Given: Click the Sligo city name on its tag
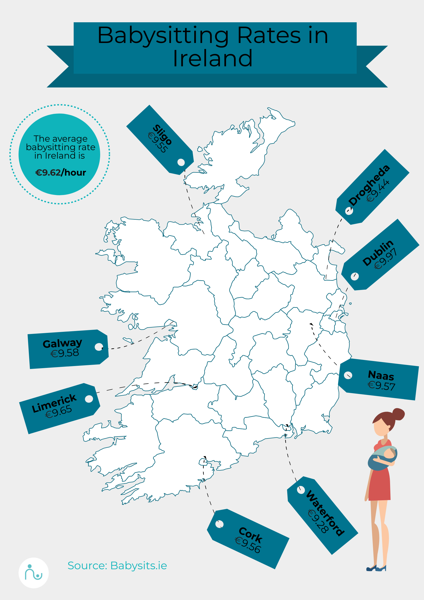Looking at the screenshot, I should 162,135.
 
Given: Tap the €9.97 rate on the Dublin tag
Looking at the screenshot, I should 386,259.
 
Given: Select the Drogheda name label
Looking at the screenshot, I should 369,185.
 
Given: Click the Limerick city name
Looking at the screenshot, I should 54,403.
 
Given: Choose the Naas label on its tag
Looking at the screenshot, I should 381,375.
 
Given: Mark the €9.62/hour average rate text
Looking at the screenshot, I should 61,173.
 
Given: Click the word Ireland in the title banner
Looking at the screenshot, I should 213,59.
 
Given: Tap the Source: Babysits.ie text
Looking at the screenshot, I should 117,566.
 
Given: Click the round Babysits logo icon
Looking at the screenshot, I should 34,573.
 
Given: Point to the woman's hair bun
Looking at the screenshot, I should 398,414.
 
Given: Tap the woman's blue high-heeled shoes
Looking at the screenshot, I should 376,568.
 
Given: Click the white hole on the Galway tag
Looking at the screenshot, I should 99,347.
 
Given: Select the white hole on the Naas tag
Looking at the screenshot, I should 348,375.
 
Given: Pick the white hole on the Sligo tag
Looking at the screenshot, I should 181,162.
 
